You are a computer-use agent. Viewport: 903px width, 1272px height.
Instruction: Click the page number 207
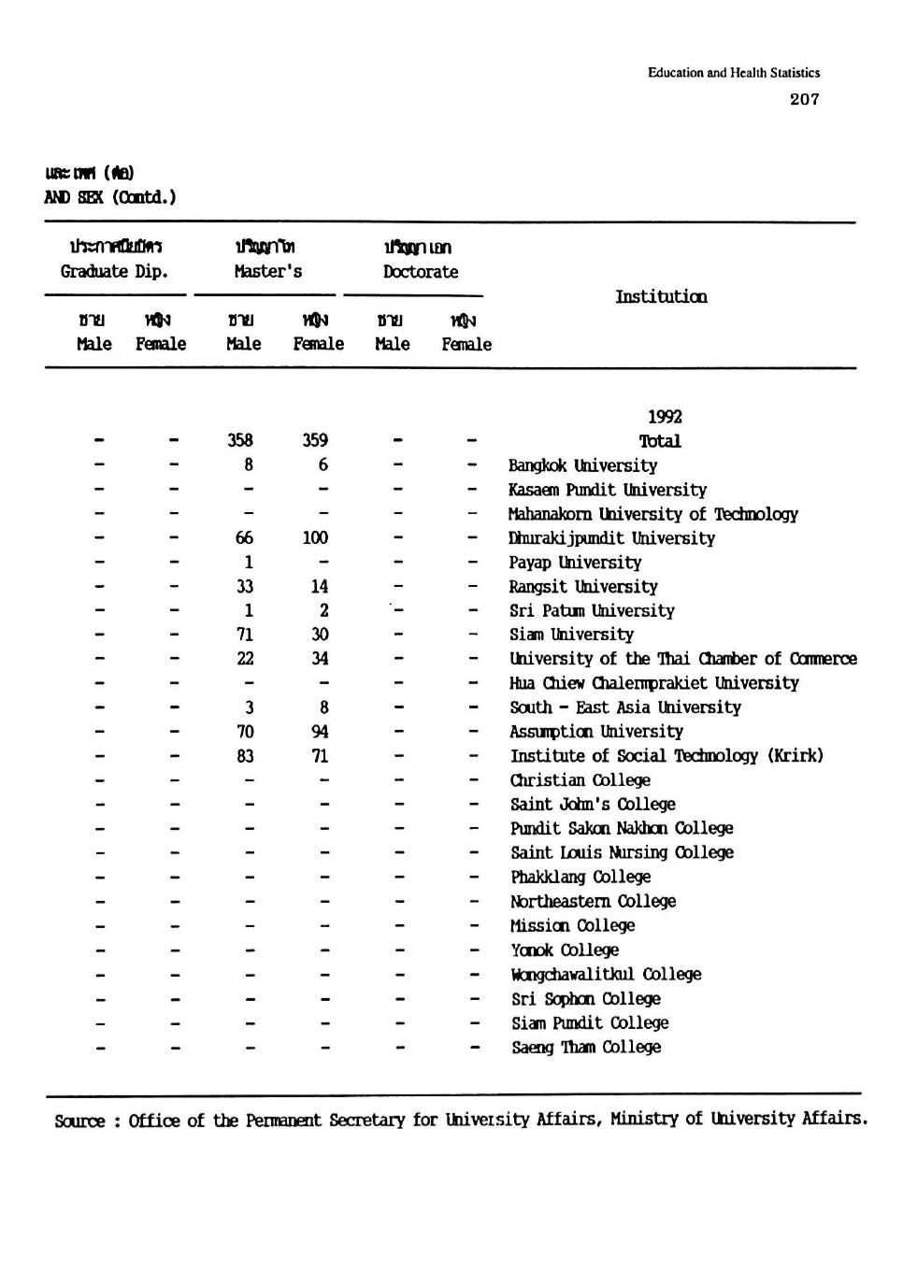804,99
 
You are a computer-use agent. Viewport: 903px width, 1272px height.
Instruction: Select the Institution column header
661,296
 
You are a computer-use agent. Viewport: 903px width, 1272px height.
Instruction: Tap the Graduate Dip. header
114,272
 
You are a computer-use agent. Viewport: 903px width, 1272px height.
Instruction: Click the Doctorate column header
421,272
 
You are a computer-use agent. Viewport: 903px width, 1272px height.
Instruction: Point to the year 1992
665,417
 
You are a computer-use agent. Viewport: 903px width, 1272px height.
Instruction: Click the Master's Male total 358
240,440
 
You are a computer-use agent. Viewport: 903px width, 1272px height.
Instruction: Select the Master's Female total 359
315,440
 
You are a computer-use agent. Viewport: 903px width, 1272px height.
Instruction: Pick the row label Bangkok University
582,465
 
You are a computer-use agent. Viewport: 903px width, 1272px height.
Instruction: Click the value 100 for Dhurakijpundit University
315,537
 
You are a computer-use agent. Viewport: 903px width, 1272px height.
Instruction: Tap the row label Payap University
575,563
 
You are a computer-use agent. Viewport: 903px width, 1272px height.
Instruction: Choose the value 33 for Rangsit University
244,586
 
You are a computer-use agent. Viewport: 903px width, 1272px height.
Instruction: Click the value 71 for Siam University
245,635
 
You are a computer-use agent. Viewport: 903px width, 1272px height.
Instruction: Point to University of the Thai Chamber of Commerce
682,659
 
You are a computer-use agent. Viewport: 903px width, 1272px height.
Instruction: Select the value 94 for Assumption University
319,732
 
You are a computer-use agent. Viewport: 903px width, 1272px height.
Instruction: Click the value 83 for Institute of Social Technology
245,756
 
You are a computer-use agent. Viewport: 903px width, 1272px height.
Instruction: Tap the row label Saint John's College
593,805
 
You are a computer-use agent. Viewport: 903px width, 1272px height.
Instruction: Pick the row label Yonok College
565,950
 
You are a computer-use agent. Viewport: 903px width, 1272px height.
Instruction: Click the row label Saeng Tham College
586,1047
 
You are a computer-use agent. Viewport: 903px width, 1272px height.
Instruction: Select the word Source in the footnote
79,1121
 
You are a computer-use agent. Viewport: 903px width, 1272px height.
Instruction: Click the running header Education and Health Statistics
734,73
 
